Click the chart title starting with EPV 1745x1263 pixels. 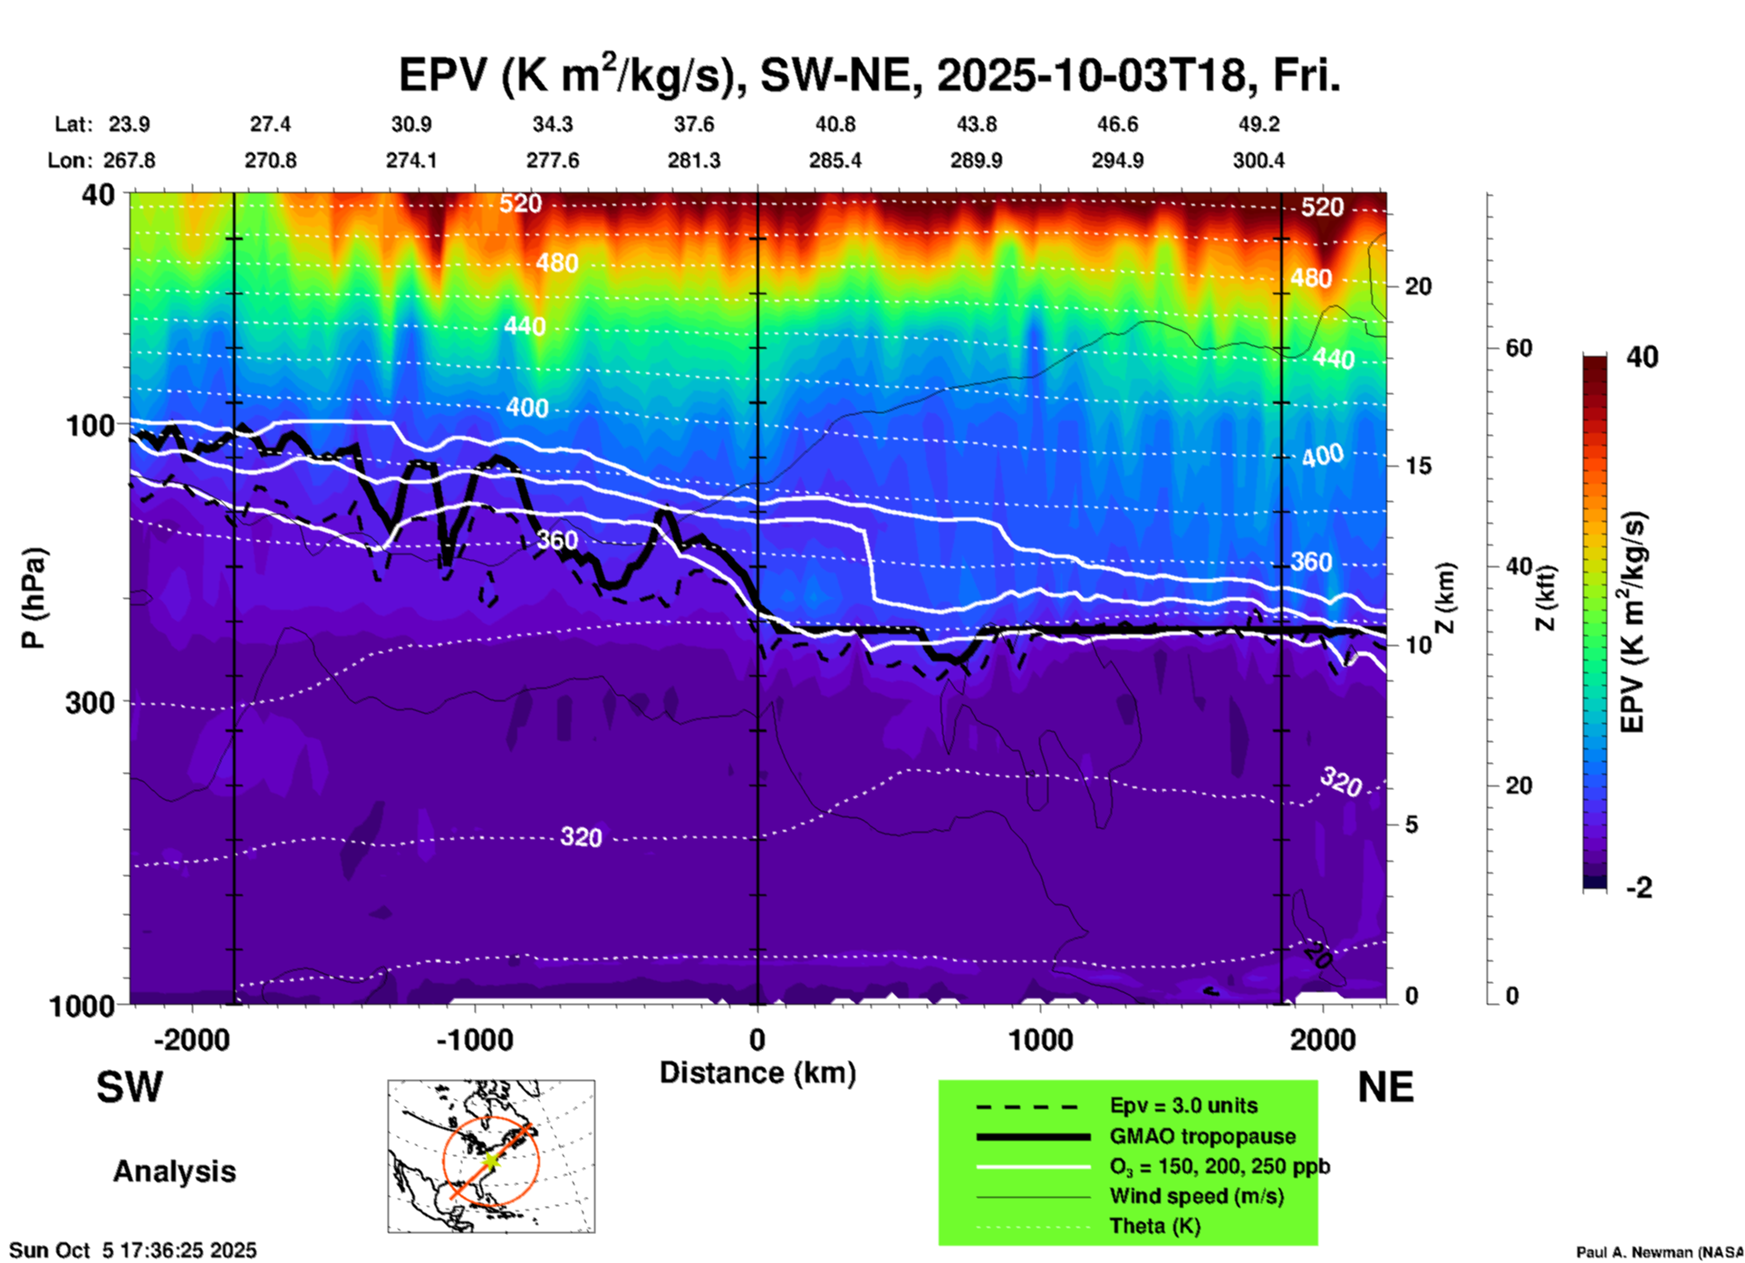pyautogui.click(x=869, y=75)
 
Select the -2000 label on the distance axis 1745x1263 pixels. pyautogui.click(x=191, y=1040)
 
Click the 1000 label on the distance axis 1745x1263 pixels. pyautogui.click(x=1040, y=1040)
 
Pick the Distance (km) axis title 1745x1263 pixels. pyautogui.click(x=757, y=1073)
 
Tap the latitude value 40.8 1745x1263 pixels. pyautogui.click(x=834, y=124)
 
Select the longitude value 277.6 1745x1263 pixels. pyautogui.click(x=553, y=160)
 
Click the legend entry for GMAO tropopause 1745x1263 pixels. pyautogui.click(x=1202, y=1136)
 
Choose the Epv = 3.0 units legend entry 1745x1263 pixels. pyautogui.click(x=1183, y=1105)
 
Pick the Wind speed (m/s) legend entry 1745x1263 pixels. pyautogui.click(x=1196, y=1196)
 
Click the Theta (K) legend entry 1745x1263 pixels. pyautogui.click(x=1154, y=1226)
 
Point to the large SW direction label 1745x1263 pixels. pyautogui.click(x=130, y=1087)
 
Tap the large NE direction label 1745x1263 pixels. pyautogui.click(x=1385, y=1087)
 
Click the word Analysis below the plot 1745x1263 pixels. pyautogui.click(x=174, y=1171)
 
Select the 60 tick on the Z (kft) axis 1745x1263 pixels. pyautogui.click(x=1518, y=348)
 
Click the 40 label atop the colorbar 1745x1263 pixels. pyautogui.click(x=1642, y=357)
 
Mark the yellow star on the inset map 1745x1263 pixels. pyautogui.click(x=490, y=1161)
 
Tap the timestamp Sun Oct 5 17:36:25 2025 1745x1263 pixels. pyautogui.click(x=133, y=1250)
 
